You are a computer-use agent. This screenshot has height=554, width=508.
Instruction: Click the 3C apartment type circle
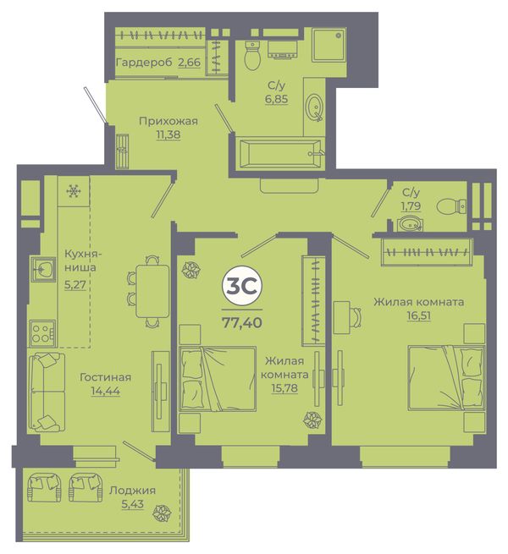coord(242,287)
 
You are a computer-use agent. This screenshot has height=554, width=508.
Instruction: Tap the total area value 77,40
coord(242,322)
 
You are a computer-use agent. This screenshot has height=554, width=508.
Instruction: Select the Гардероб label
coord(144,63)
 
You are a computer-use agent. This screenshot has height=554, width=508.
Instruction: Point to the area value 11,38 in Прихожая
coord(168,134)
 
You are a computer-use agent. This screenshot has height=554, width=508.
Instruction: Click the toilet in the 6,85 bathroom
coord(252,55)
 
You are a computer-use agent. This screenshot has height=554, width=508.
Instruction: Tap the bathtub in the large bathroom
coord(280,153)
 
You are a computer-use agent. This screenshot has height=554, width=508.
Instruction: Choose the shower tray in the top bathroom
coord(329,46)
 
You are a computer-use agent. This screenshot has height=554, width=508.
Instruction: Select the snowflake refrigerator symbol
coord(74,191)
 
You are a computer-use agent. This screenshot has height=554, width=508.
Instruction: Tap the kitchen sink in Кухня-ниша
coord(43,269)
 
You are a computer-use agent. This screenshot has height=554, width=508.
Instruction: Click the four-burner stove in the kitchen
coord(42,333)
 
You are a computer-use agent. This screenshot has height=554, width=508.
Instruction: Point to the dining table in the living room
coord(152,292)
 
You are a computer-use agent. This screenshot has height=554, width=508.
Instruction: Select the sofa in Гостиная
coord(47,392)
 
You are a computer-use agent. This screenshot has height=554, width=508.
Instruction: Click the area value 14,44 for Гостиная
coord(106,391)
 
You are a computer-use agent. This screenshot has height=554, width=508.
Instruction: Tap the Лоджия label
coord(132,491)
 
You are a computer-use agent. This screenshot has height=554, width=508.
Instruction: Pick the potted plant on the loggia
coord(162,512)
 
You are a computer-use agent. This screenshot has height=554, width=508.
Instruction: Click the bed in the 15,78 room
coord(218,379)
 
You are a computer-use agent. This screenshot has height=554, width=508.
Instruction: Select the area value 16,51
coord(419,315)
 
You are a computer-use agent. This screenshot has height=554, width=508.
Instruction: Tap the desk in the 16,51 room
coord(342,317)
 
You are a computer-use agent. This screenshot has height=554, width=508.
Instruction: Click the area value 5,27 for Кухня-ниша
coord(75,284)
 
